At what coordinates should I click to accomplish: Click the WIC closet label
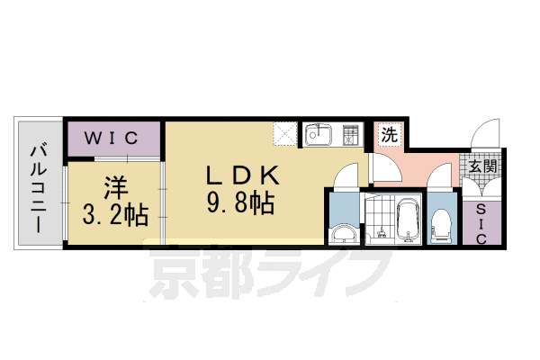click(111, 138)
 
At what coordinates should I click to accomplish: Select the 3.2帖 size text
click(114, 216)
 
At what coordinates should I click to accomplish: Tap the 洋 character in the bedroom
click(113, 189)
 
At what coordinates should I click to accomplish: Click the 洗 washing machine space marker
click(390, 136)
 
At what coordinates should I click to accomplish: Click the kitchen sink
click(319, 137)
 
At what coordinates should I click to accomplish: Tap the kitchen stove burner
click(351, 137)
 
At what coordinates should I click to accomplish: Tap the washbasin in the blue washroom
click(343, 235)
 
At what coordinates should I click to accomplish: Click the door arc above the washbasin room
click(344, 178)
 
